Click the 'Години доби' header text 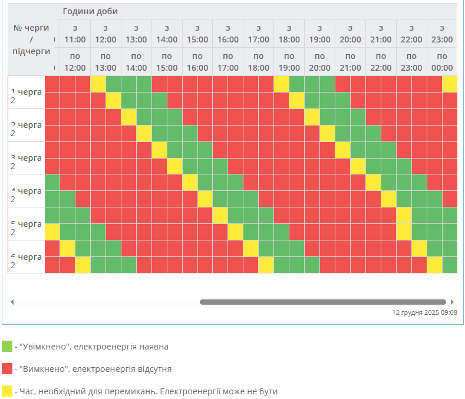pos(90,12)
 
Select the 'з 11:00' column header pos(75,34)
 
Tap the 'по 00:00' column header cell pos(442,62)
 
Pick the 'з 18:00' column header pos(289,34)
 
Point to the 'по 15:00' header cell pos(167,62)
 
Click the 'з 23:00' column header pos(442,34)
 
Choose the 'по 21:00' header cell pos(350,62)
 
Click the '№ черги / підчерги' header pos(31,39)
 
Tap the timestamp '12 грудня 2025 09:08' pos(424,313)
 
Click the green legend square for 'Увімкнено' pos(7,347)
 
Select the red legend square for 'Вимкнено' pos(7,369)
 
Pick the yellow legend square pos(7,391)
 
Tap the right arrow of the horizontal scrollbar pos(452,302)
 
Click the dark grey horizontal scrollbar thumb pos(322,302)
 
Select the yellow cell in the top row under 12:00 pos(98,84)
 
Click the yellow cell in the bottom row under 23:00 pos(434,265)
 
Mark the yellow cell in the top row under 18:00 pos(281,84)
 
